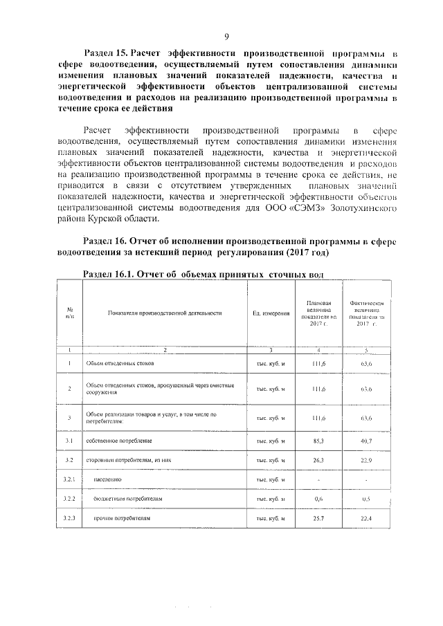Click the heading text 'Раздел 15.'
[105, 53]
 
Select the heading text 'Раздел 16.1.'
[109, 274]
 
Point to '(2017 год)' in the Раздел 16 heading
[306, 252]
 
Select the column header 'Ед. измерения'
[271, 313]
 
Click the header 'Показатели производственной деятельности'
[165, 313]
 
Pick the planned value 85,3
[319, 440]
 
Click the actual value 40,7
[366, 440]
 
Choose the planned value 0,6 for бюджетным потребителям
[319, 498]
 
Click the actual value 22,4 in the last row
[366, 517]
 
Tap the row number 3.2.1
[70, 479]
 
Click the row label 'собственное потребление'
[119, 440]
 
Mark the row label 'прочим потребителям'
[118, 517]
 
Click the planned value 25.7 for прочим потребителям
[319, 517]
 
